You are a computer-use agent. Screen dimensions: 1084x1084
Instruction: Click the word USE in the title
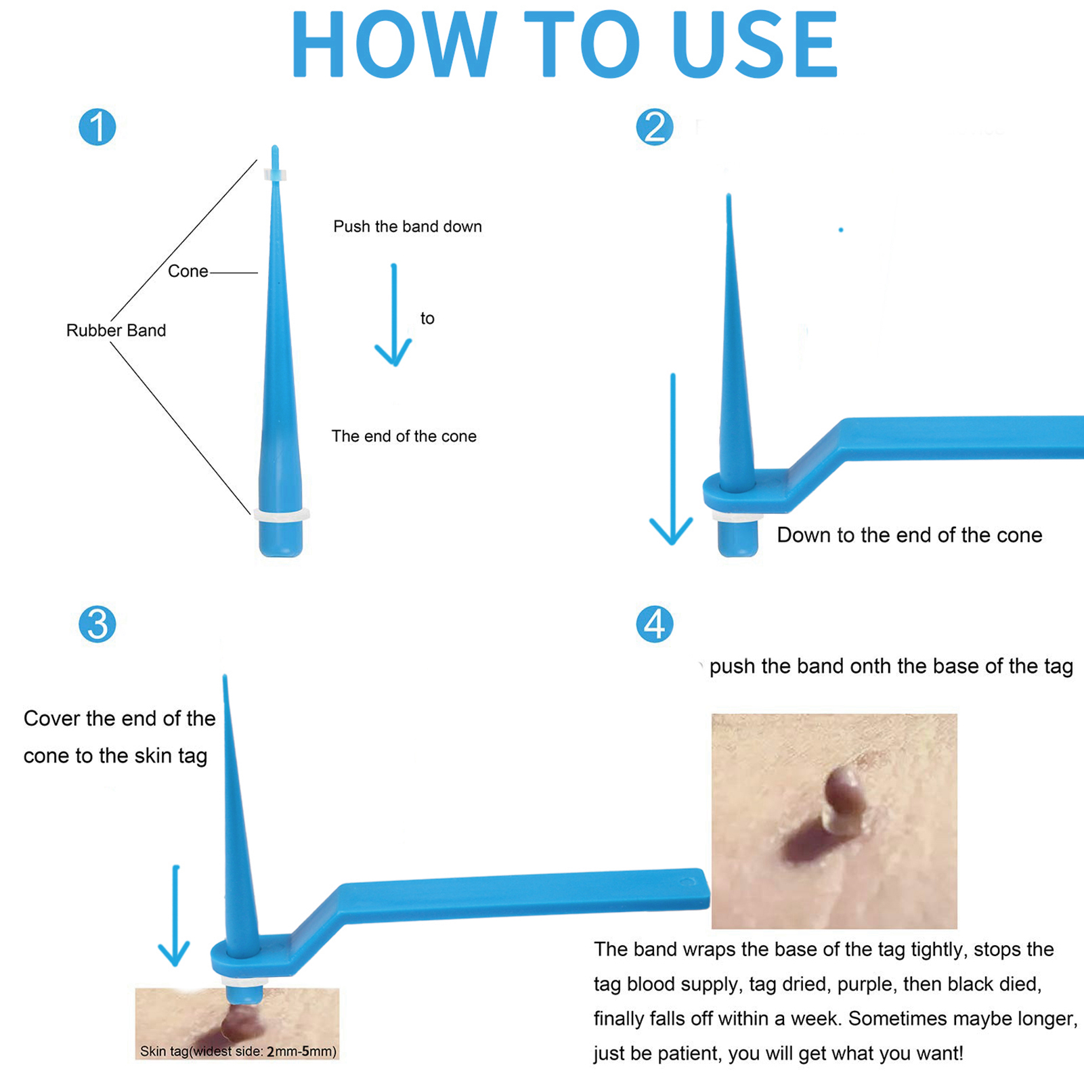coord(756,45)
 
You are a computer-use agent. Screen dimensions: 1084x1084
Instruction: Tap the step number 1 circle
coord(97,127)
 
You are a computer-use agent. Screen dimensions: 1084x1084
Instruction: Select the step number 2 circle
coord(655,127)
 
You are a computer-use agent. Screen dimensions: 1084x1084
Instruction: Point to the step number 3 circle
coord(97,624)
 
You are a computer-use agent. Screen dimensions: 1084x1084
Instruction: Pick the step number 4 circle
coord(655,624)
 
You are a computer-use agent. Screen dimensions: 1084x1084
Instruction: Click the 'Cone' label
coord(188,272)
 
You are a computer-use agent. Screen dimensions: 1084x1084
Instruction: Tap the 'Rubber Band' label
coord(116,330)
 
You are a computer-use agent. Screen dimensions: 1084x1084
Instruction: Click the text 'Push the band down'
coord(408,226)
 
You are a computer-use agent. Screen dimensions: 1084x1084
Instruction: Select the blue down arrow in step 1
coord(393,315)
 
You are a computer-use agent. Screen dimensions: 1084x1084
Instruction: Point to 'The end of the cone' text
coord(404,436)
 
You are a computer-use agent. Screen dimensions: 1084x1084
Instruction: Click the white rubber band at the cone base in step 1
coord(282,515)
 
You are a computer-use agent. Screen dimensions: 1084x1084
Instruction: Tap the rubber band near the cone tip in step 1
coord(275,175)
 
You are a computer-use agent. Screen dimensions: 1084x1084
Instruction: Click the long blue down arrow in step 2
coord(672,459)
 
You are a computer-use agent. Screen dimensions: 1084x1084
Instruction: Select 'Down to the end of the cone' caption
coord(909,535)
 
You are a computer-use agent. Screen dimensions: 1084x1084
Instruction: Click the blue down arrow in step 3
coord(175,915)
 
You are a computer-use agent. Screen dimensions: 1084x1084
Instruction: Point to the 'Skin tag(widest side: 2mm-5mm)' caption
coord(238,1052)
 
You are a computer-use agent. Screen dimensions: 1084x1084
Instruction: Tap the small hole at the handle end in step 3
coord(689,882)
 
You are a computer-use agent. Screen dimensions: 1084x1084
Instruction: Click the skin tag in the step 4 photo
coord(842,798)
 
